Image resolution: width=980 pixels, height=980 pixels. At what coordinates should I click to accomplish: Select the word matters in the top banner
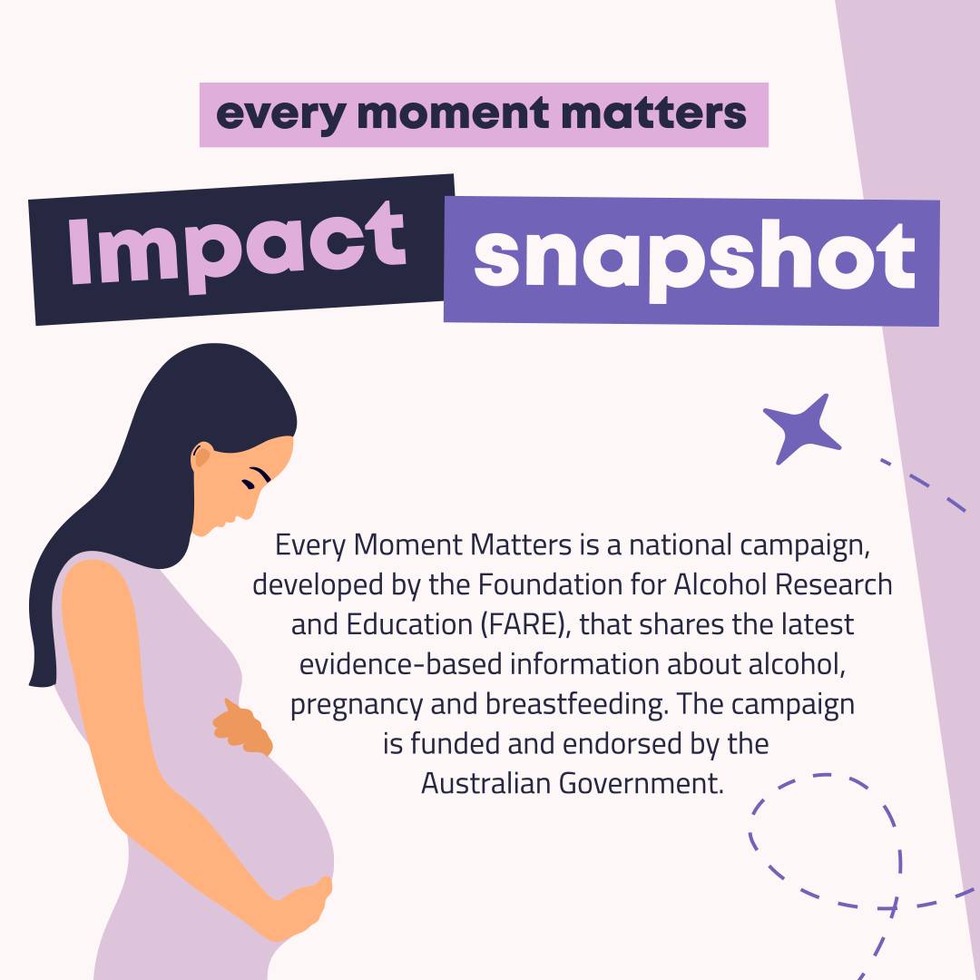click(653, 113)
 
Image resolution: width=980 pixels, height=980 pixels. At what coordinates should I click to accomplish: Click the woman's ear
click(201, 455)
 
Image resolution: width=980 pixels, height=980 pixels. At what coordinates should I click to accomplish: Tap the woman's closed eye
click(249, 483)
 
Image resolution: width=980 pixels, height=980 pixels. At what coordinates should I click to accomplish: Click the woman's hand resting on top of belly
click(242, 728)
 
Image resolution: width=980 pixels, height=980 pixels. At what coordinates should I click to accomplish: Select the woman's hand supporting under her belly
click(300, 907)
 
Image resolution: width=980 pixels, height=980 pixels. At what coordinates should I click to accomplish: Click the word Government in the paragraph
click(641, 783)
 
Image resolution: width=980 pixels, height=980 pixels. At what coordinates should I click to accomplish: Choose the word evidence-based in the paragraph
click(401, 663)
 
